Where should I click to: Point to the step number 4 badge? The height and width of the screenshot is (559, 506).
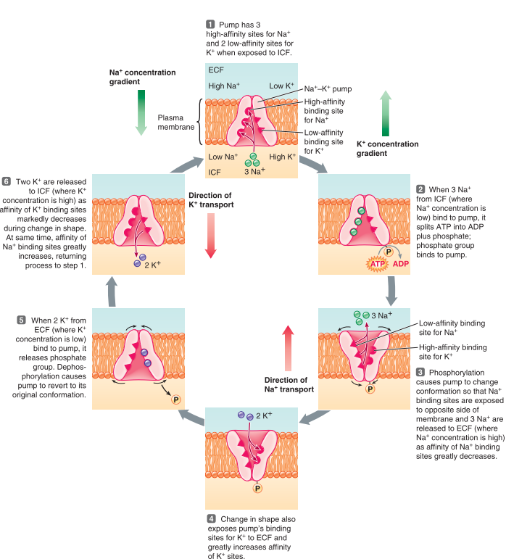[211, 519]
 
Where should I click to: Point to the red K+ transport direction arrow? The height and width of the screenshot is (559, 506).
[210, 236]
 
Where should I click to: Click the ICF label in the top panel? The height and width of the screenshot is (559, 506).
[216, 173]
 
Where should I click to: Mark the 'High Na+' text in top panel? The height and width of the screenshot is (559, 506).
[225, 86]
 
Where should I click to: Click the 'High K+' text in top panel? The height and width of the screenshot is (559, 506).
[283, 157]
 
